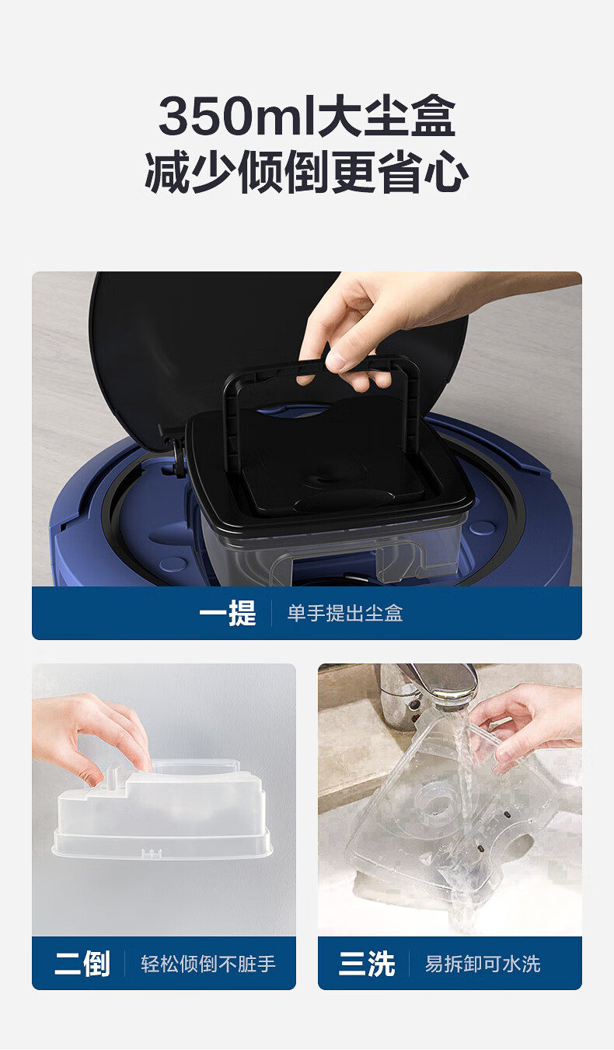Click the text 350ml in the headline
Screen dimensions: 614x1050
click(239, 116)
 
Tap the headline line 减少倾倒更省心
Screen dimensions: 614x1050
click(307, 172)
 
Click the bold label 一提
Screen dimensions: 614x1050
click(228, 613)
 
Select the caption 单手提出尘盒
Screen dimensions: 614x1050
click(345, 613)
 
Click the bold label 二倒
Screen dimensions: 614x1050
click(82, 964)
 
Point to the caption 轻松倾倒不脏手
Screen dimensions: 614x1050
click(208, 964)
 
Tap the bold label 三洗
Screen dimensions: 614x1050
click(367, 964)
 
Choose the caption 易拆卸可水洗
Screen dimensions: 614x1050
click(483, 964)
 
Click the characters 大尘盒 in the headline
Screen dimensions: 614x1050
click(387, 116)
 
